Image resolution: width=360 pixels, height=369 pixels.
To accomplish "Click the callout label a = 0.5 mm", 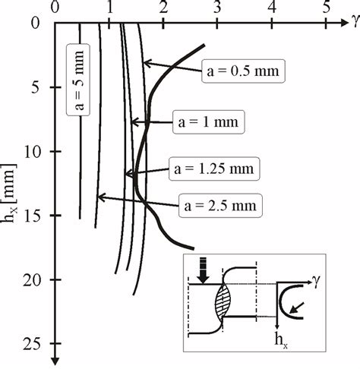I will (243, 73).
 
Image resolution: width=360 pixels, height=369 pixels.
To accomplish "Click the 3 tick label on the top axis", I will (217, 9).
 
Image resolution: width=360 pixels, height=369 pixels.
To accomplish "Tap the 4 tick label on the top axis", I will (271, 9).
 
